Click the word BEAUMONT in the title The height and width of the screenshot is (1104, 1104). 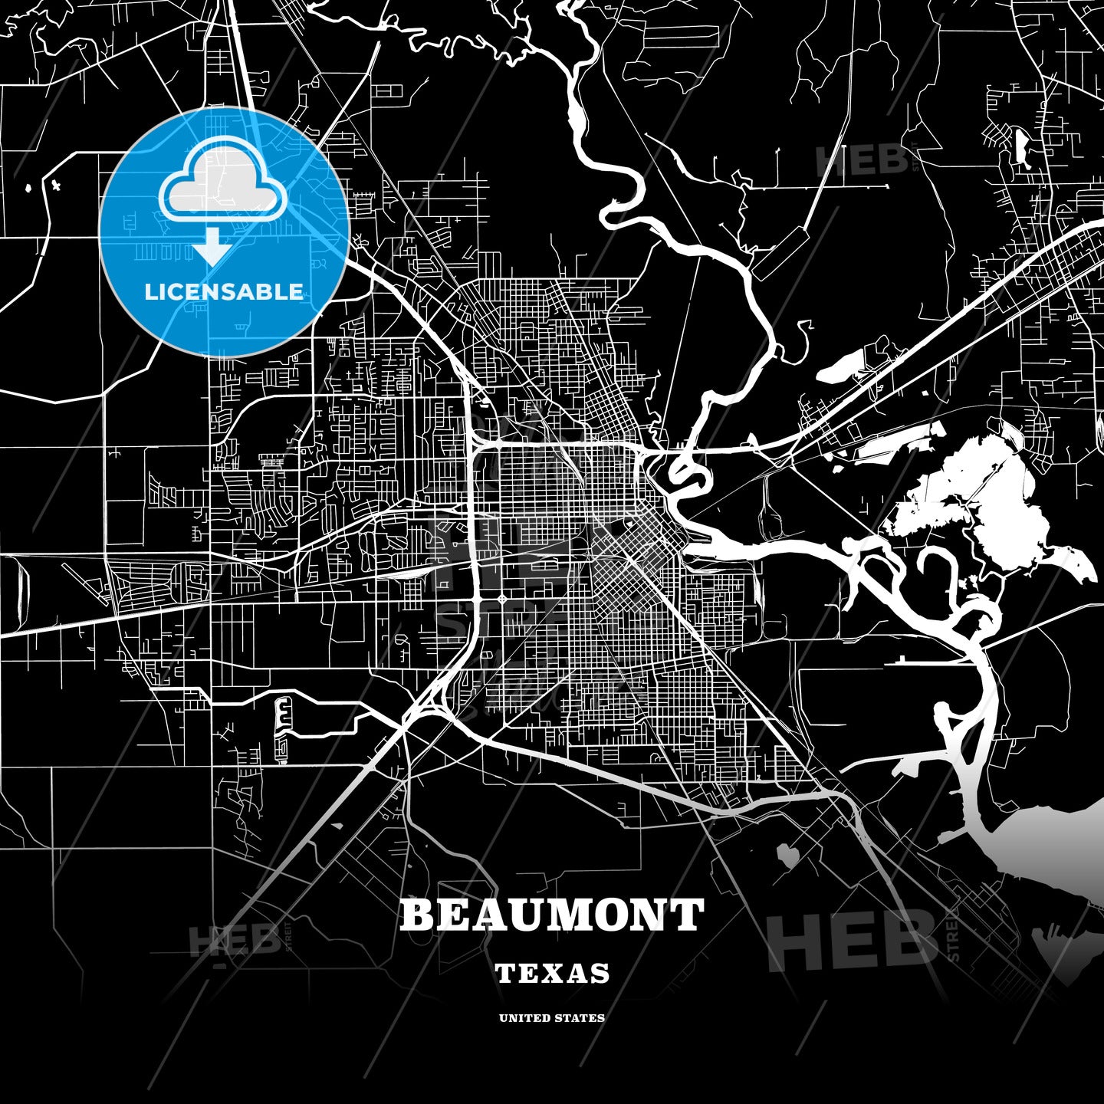point(551,915)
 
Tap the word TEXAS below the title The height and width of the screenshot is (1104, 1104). point(552,974)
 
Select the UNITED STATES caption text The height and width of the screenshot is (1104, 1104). point(552,1018)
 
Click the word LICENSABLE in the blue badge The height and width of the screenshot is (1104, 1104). point(224,291)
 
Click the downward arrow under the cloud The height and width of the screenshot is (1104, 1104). point(212,247)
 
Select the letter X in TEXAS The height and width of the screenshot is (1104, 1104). point(554,974)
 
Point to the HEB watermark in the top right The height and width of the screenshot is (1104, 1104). point(863,159)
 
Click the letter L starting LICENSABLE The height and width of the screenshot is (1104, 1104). point(149,291)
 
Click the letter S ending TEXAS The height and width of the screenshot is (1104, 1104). point(600,974)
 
